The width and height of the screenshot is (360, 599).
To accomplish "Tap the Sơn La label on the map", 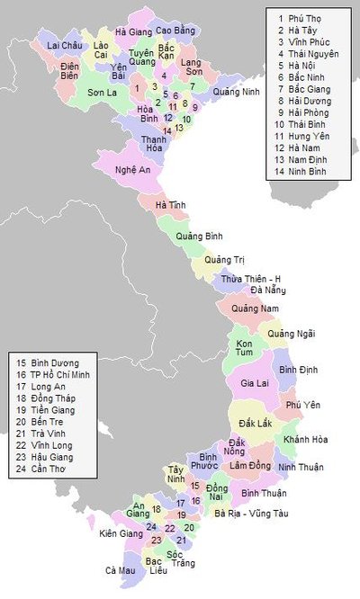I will [x=103, y=92].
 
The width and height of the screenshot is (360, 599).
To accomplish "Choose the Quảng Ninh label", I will [x=238, y=92].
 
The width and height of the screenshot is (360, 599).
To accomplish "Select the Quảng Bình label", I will [x=199, y=236].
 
